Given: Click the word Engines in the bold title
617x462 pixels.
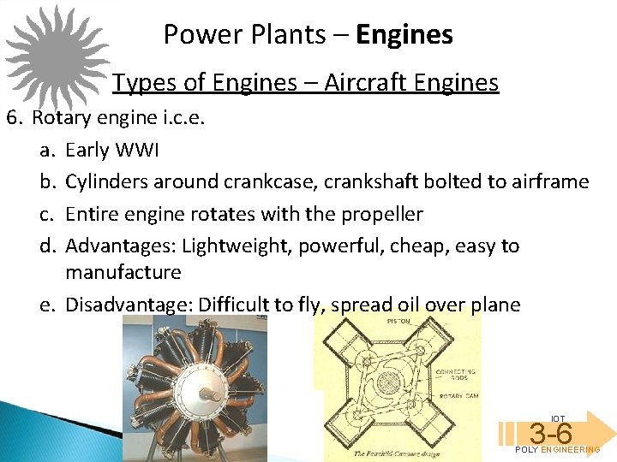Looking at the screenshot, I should [404, 35].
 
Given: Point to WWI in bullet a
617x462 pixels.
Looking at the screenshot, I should [135, 150].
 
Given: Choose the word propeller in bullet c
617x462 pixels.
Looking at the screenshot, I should [380, 213].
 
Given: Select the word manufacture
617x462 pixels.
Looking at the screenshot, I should [123, 272].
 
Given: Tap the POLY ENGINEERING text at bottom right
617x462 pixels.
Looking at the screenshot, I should [558, 450].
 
